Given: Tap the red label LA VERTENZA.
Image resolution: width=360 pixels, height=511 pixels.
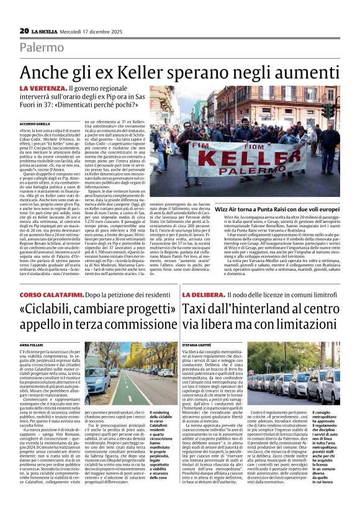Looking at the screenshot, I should pos(42,90).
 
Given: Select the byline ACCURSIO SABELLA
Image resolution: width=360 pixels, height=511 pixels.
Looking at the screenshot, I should pos(35,123).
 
